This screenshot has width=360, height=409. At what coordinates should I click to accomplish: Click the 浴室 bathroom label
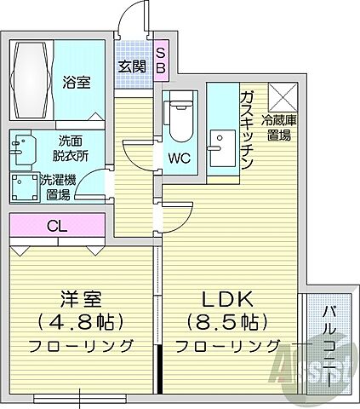[77, 83]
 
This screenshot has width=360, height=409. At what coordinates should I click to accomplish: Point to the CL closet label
[57, 226]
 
